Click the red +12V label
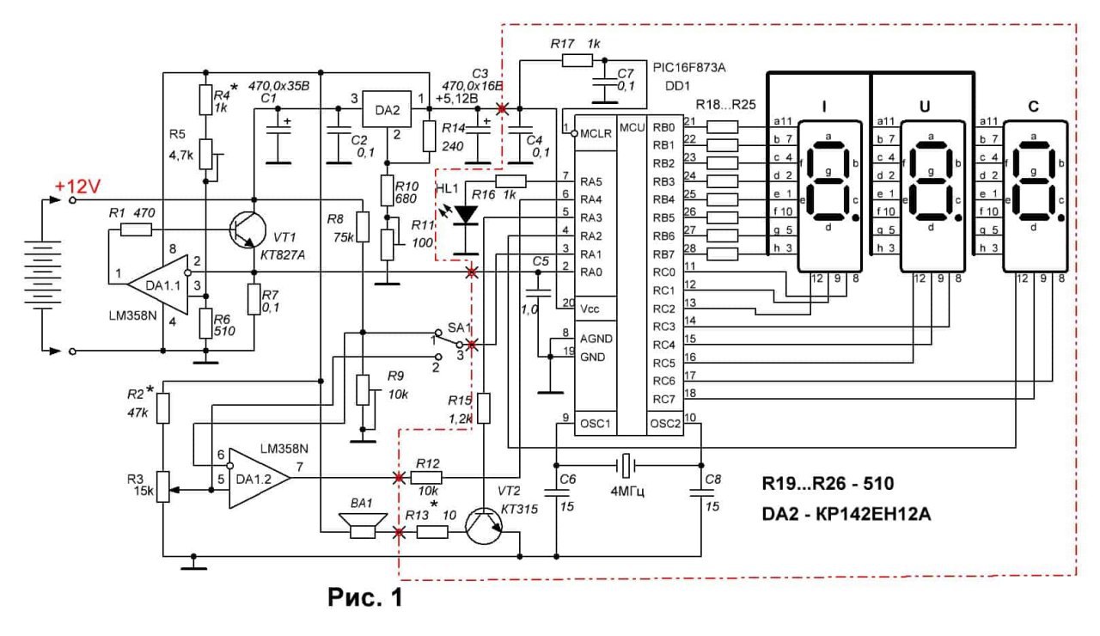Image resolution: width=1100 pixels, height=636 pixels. coord(77,187)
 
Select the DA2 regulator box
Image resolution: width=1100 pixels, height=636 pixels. coord(387,109)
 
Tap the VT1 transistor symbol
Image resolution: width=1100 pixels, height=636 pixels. coord(247,229)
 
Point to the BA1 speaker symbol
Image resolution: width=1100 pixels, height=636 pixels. coord(363,526)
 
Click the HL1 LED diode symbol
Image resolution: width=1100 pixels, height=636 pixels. coord(465,215)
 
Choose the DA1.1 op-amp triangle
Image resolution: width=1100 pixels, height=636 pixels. coord(157,284)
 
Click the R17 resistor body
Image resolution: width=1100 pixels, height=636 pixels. coord(577,61)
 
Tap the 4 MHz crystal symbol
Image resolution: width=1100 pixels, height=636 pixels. coord(626,465)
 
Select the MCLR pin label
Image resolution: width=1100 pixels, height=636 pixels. coord(596,133)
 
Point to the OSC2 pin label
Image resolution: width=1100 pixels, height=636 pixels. coord(665,424)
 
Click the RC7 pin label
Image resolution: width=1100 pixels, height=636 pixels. coord(664,400)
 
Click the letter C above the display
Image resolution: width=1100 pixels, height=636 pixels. coord(1033,107)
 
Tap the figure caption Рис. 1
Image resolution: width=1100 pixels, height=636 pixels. coord(365,597)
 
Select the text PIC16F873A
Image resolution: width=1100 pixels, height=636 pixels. coord(689,67)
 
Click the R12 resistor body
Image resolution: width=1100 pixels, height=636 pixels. coord(426,477)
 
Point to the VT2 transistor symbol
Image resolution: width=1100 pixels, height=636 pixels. coord(484,526)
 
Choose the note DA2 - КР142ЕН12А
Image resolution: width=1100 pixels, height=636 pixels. coord(846,514)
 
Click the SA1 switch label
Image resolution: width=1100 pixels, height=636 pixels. coord(459,327)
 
